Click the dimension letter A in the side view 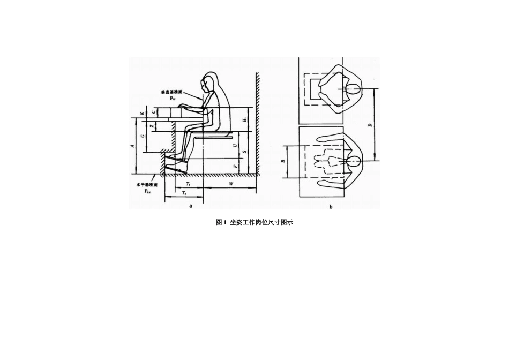point(132,145)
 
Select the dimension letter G point(142,136)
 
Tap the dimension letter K point(141,114)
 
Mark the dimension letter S point(244,152)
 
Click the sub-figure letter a point(191,205)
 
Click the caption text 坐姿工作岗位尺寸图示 point(261,222)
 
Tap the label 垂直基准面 point(171,93)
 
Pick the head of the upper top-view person point(353,88)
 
